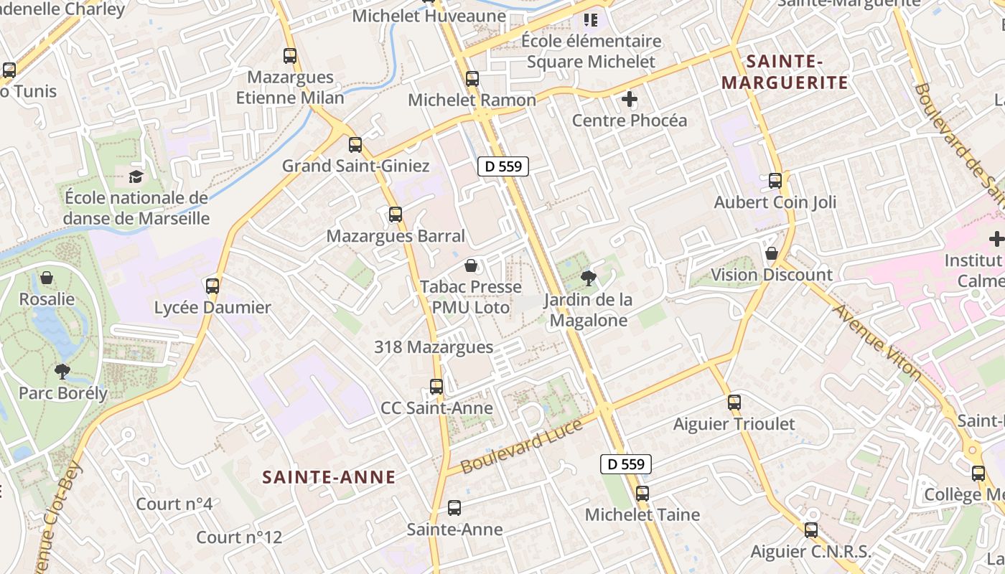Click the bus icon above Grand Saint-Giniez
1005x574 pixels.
pos(355,145)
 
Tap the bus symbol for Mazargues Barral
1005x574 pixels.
pos(395,215)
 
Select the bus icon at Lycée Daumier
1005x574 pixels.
pos(212,286)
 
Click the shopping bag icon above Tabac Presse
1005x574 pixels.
pos(471,266)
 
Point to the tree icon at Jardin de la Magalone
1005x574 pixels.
pos(589,278)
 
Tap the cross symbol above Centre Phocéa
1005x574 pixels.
pos(630,99)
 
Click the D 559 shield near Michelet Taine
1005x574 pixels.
pos(626,464)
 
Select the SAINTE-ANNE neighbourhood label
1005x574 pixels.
pos(329,477)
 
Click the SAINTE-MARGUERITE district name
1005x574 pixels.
pos(785,72)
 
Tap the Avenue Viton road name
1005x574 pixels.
pos(877,342)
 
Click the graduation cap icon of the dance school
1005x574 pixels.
pos(136,177)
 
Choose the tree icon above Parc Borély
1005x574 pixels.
pos(62,371)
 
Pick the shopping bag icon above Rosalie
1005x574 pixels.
pos(47,278)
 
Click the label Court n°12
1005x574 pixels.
pos(239,537)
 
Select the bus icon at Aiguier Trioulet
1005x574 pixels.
pos(734,403)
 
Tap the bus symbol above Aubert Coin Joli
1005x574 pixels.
pos(775,181)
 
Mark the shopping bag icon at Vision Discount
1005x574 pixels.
pos(772,253)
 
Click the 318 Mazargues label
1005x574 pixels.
pos(434,347)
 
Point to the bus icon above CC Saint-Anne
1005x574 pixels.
pos(436,387)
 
